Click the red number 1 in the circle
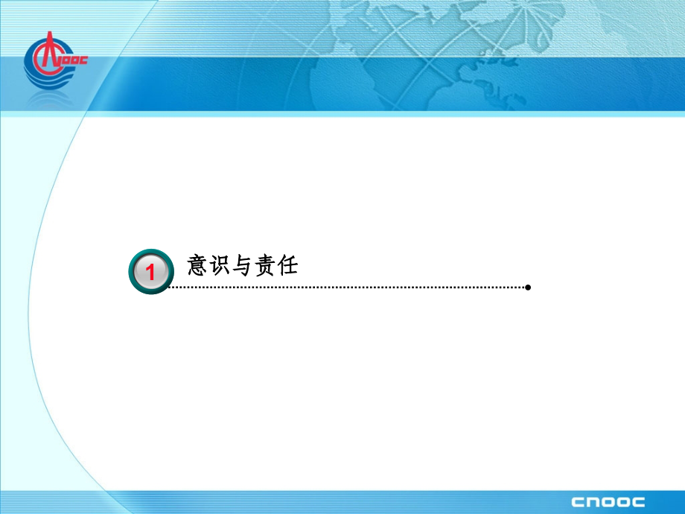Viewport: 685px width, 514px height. coord(150,273)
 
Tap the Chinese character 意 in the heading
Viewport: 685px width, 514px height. coord(197,265)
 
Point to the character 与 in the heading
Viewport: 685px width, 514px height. coord(243,265)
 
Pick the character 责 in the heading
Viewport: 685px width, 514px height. coord(265,265)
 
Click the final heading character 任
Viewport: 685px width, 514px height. coord(287,265)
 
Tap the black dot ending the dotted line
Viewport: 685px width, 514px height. coord(528,287)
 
